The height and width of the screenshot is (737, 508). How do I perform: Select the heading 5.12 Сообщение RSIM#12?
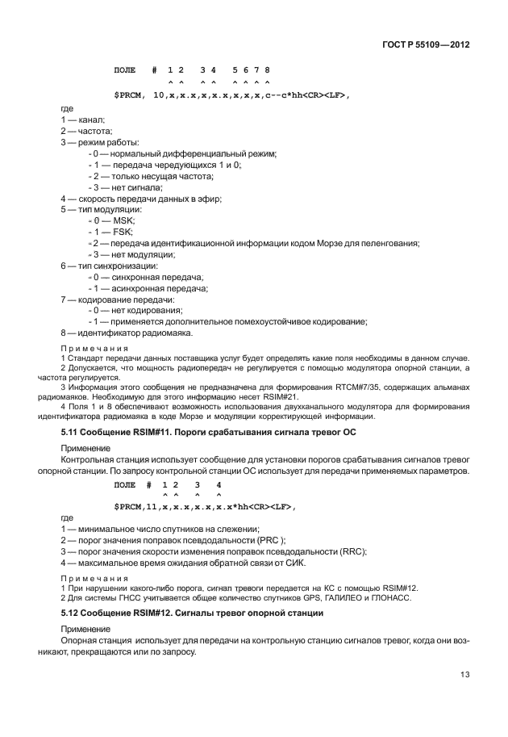193,613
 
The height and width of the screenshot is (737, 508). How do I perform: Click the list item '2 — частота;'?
86,131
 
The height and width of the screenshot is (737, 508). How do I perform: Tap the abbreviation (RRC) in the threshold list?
349,551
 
